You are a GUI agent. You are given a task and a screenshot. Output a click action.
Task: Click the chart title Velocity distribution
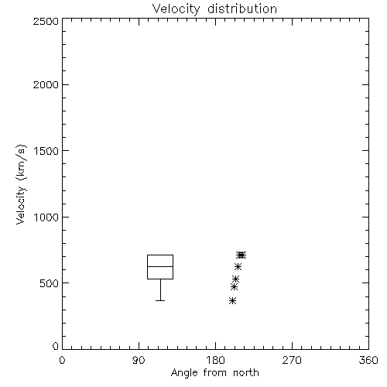214,9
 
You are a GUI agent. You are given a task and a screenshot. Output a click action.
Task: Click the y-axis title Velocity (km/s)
21,184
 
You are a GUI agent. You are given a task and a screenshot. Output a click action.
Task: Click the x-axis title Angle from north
214,372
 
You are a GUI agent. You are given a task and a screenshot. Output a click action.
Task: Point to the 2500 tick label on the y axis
46,21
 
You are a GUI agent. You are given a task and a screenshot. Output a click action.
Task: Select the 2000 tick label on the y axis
46,84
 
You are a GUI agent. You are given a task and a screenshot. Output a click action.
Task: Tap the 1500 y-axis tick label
46,151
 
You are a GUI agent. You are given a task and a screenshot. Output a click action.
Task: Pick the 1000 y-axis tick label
46,217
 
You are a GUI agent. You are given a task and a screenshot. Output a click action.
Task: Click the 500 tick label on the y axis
50,283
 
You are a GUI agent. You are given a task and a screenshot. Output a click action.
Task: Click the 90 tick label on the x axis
139,360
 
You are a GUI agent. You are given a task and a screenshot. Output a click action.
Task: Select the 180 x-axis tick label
215,360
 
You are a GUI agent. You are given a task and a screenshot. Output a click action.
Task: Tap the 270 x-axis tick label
292,360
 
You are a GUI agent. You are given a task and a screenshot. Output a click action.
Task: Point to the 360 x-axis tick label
368,360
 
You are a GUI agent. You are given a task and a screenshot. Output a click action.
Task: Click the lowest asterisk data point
232,300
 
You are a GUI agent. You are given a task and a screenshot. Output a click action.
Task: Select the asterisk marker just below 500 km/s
234,286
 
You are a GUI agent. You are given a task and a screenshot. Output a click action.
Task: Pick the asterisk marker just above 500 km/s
235,279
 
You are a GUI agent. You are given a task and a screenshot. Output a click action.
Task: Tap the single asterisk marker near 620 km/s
238,266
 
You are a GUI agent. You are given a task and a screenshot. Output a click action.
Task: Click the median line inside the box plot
160,266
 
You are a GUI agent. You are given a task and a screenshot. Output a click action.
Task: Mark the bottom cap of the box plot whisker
160,300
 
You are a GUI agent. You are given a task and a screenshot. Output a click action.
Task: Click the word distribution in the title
242,9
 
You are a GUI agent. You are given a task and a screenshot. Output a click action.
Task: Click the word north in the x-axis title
246,372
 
